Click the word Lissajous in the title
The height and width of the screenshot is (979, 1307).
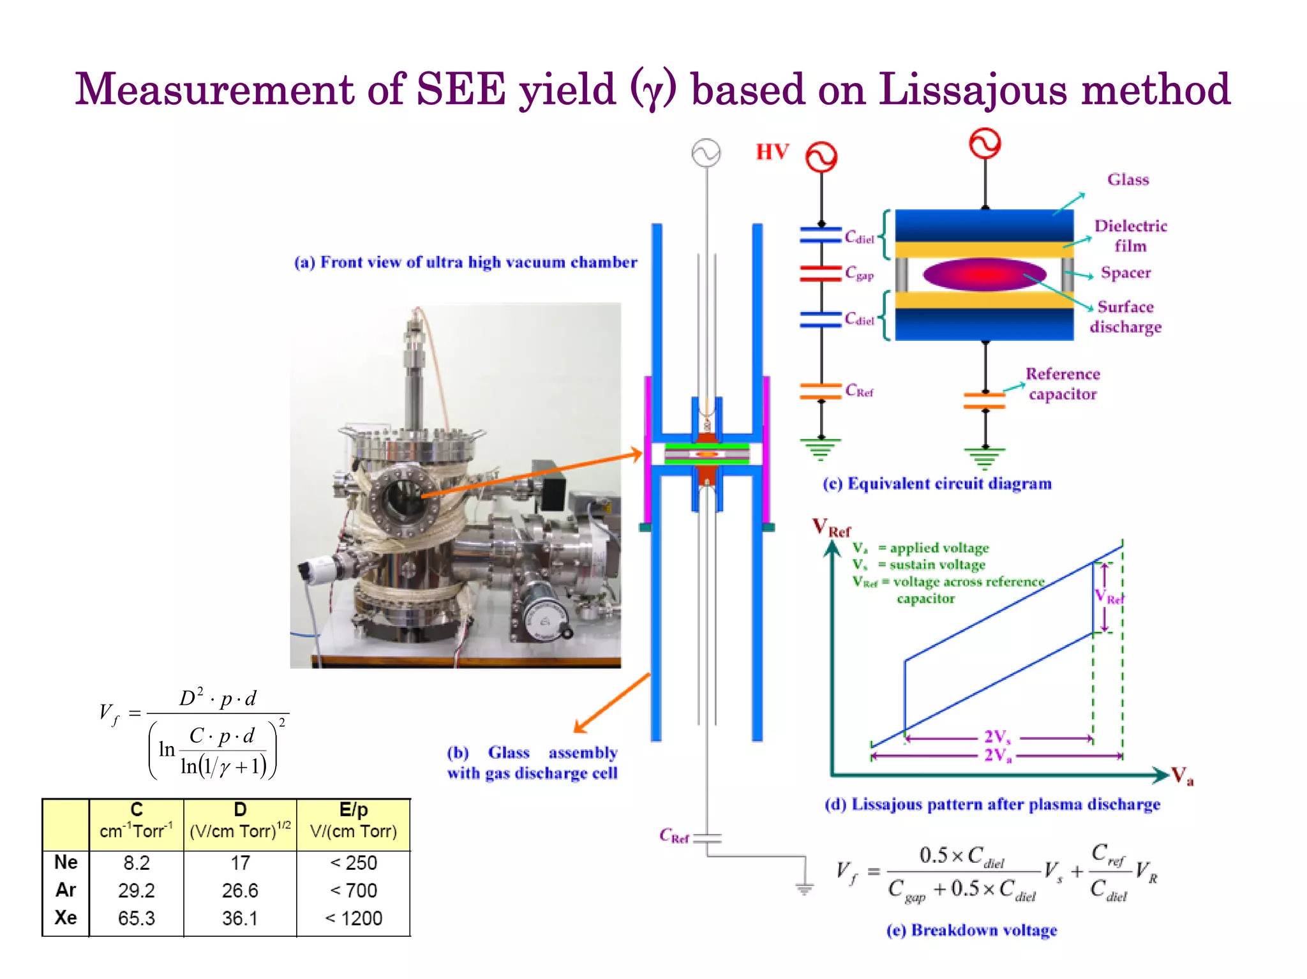click(973, 89)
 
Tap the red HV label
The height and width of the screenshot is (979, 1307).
click(772, 152)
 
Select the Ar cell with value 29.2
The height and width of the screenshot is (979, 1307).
click(136, 890)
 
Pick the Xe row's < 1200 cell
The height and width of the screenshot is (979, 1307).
click(354, 918)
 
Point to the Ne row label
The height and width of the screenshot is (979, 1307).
click(66, 862)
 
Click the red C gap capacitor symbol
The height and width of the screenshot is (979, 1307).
click(821, 274)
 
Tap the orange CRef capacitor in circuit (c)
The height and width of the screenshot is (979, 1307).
click(821, 391)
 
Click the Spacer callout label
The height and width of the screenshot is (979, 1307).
click(1126, 273)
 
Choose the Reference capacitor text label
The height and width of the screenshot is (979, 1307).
click(1063, 384)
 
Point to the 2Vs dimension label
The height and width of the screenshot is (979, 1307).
click(997, 737)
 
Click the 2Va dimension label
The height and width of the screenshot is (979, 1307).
click(997, 756)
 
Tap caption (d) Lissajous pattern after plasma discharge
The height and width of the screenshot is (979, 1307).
click(992, 805)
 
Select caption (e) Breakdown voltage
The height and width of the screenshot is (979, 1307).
click(971, 930)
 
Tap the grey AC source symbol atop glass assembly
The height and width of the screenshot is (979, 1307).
click(706, 153)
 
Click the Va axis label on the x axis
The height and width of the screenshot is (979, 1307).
click(1182, 776)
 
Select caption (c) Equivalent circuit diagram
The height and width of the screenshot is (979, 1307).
click(937, 484)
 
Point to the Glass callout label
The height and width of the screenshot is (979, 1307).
click(1128, 180)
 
